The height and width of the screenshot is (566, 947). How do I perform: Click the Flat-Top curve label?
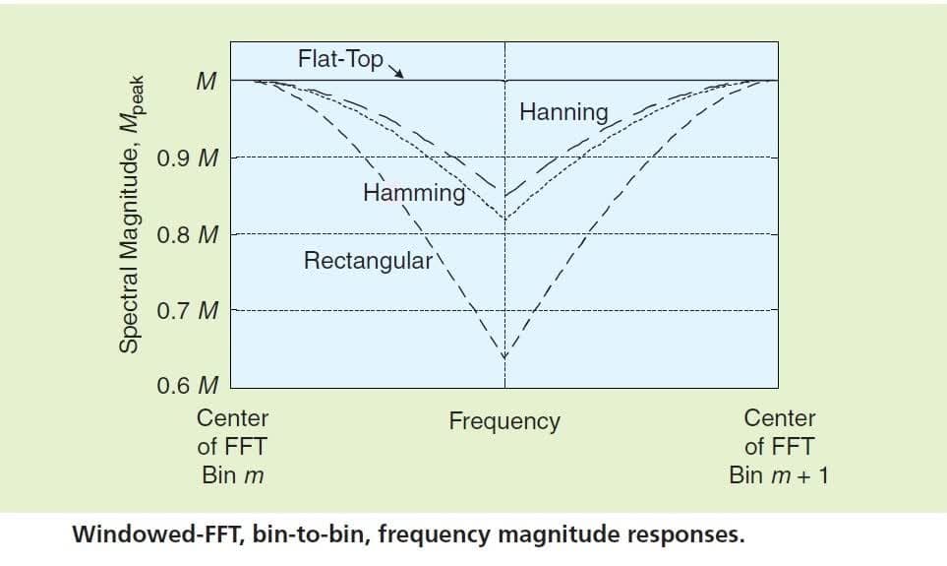pos(339,59)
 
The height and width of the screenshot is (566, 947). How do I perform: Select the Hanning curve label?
pos(563,111)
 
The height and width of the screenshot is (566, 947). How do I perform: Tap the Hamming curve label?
pos(414,192)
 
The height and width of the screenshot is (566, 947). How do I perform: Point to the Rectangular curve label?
pos(369,261)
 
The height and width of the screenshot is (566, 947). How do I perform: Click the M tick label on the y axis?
pos(206,81)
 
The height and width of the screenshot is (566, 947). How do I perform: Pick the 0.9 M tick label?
pos(188,157)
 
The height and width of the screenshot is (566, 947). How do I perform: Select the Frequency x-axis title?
pos(504,421)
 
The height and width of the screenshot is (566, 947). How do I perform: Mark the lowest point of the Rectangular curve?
pos(504,355)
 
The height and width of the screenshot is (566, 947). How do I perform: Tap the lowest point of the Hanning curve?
pos(504,194)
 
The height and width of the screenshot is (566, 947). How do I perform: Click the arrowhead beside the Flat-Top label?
pos(399,72)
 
